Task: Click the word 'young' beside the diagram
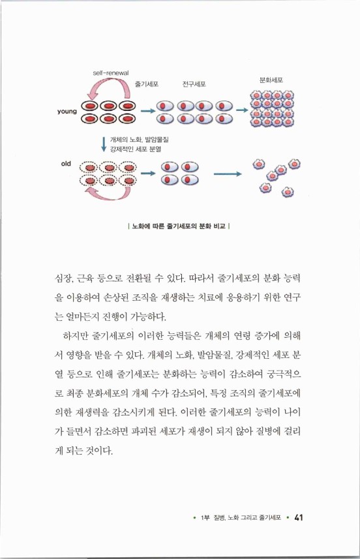pos(67,112)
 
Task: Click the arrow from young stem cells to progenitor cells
pos(149,110)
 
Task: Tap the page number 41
pos(299,517)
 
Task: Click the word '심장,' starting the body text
pos(64,279)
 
